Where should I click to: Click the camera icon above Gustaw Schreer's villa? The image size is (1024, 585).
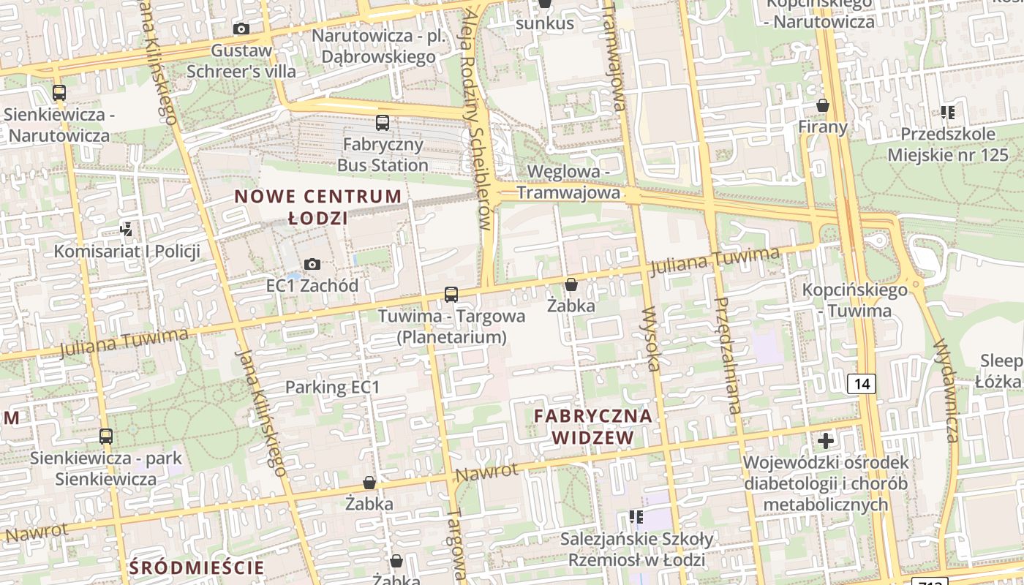coord(241,29)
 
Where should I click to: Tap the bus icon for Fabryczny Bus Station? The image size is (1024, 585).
coord(383,122)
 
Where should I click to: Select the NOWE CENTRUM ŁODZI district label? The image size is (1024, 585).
coord(317,207)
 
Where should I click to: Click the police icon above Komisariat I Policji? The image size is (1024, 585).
coord(127,230)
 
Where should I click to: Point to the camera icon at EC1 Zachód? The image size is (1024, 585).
coord(312,264)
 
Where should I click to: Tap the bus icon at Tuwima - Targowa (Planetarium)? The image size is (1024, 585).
coord(451,295)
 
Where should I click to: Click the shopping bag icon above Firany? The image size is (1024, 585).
coord(823,105)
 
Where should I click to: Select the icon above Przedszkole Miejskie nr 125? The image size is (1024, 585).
coord(948,113)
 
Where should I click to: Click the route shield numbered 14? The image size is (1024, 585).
coord(862,383)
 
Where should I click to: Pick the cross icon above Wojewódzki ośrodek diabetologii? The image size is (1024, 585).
coord(826,441)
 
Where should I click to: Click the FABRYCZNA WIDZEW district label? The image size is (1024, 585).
coord(592,426)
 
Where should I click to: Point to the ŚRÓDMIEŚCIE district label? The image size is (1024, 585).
coord(196,567)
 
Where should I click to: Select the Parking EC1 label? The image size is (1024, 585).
coord(333,387)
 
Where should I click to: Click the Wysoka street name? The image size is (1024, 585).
coord(651,338)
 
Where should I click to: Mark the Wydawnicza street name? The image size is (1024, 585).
coord(946,390)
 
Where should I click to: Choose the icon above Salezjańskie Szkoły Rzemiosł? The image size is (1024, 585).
coord(636,518)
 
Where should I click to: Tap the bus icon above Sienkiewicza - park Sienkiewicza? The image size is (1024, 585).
coord(106,437)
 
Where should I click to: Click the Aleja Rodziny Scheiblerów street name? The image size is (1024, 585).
coord(474,117)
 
